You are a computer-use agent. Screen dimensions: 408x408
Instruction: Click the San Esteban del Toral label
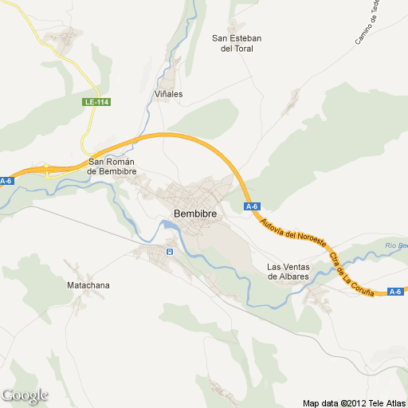point(236,43)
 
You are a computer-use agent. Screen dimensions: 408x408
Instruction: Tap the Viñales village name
point(168,93)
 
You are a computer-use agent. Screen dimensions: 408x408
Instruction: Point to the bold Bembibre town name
point(195,214)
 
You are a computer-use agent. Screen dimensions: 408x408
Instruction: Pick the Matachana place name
point(88,284)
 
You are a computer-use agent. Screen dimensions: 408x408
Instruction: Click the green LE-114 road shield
point(96,102)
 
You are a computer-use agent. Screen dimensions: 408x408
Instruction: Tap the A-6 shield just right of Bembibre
point(253,207)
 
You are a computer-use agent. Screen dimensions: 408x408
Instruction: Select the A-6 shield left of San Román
point(6,181)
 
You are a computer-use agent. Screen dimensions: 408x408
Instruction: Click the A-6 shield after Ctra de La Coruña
point(395,292)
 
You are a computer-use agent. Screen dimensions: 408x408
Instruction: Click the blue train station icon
point(169,252)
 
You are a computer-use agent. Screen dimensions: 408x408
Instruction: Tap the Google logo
point(25,395)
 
